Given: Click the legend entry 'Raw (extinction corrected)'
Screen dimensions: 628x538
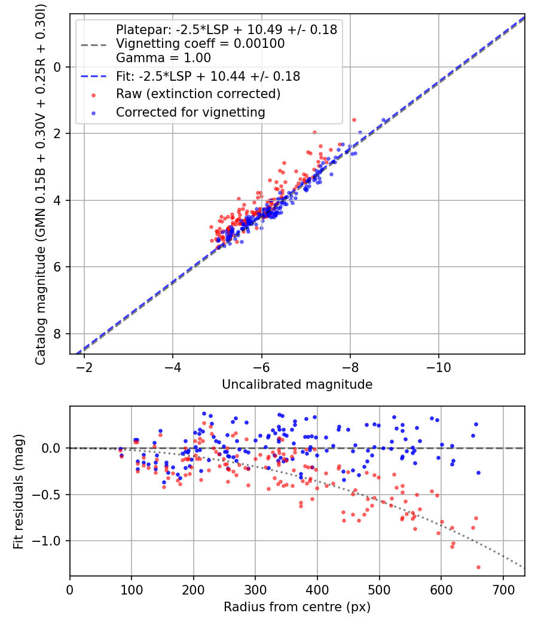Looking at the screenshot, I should point(198,94).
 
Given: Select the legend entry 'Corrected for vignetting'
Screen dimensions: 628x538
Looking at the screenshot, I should point(191,112).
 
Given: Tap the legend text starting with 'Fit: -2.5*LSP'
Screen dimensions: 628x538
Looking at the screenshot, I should point(207,77).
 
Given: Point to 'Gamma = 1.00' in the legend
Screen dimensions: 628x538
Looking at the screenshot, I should point(163,58).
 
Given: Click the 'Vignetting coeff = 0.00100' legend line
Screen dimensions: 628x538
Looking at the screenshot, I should point(200,44).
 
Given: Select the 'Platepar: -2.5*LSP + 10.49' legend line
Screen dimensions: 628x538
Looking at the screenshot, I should point(227,29).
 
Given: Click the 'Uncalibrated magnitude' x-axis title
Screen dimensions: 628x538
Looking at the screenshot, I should point(297,385).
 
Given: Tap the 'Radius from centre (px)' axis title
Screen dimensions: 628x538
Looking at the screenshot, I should point(297,607).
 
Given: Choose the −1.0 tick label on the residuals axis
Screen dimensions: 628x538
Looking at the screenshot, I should point(50,541).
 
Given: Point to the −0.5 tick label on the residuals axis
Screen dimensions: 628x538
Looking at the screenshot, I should point(50,495).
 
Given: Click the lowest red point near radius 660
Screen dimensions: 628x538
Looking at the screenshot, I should point(478,567).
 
